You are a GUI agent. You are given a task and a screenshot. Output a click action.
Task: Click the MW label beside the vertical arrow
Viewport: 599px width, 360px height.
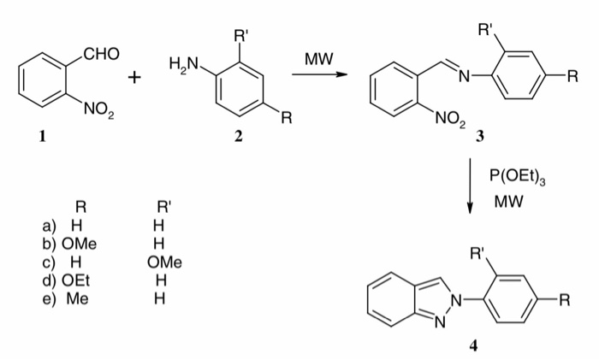tap(508, 203)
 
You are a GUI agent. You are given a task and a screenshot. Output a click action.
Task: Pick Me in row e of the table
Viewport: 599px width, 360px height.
tap(78, 297)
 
